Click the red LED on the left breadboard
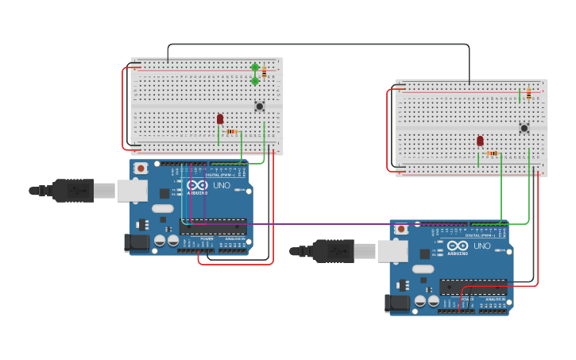(x=220, y=118)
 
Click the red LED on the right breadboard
(x=480, y=141)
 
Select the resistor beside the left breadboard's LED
(x=232, y=131)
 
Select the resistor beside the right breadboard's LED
(x=493, y=153)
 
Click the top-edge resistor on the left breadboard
(x=265, y=72)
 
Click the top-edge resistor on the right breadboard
(x=528, y=95)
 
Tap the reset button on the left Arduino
(x=141, y=168)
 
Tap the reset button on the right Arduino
(x=401, y=229)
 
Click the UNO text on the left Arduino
(x=222, y=185)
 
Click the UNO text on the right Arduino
(x=481, y=246)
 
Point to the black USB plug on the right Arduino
(x=333, y=251)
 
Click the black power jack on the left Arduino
(x=136, y=243)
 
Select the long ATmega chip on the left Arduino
(x=213, y=226)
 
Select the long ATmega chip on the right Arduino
(x=473, y=287)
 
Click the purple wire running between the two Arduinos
(x=318, y=224)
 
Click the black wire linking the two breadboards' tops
(x=318, y=45)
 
